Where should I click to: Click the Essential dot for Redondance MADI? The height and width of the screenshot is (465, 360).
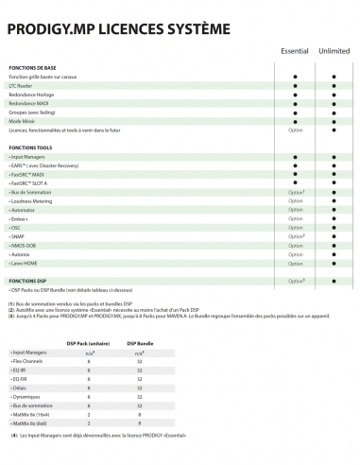[x=296, y=104]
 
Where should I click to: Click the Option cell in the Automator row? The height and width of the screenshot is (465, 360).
[x=296, y=210]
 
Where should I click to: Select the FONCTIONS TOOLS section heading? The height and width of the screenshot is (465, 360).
[x=32, y=148]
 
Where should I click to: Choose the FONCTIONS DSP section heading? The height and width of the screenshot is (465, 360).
[x=29, y=281]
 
